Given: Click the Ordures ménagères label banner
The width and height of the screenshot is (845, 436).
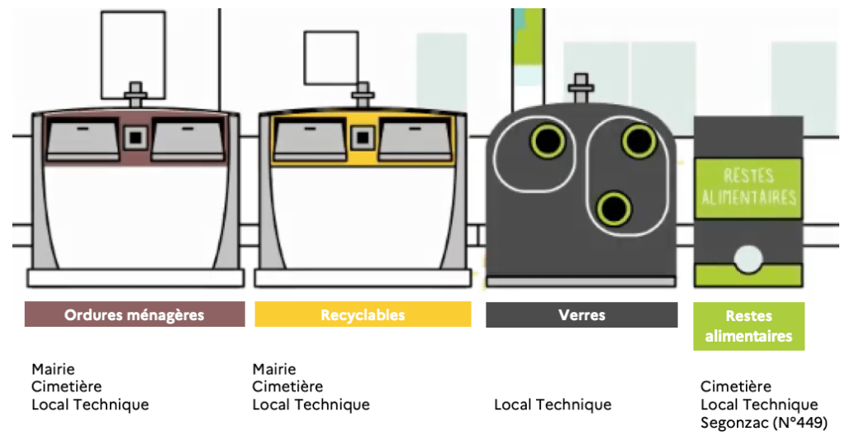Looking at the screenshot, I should [135, 315].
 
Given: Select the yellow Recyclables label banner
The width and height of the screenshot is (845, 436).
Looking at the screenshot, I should [363, 315].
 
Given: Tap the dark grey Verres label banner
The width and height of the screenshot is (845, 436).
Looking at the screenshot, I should [582, 315].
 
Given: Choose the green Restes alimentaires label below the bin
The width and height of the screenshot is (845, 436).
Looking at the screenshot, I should [748, 326].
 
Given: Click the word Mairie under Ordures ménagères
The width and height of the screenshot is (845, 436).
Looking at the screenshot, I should [53, 369].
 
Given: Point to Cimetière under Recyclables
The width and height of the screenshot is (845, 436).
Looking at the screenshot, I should [287, 386].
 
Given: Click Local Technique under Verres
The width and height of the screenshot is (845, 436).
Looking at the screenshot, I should [553, 405].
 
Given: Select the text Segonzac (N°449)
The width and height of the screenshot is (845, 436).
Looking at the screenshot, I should [763, 422].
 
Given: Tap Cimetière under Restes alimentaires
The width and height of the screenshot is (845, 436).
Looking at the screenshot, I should [735, 386].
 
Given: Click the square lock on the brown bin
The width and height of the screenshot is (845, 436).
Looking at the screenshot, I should [134, 137].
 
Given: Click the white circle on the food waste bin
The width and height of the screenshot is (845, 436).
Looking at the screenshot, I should [748, 259].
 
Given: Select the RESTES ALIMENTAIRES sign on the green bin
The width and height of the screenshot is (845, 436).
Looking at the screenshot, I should [748, 187].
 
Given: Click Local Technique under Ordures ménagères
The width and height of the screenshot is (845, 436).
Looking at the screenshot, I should [90, 405].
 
